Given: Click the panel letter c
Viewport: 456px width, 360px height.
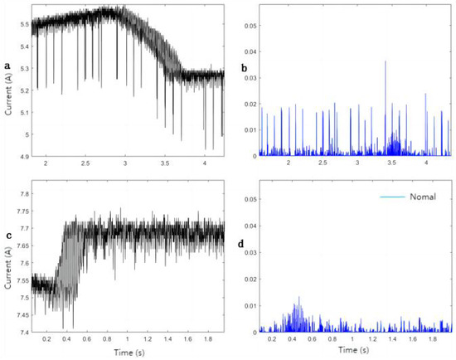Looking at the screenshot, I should [x=7, y=236].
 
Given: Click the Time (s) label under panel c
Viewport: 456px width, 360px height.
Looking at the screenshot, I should [x=126, y=352].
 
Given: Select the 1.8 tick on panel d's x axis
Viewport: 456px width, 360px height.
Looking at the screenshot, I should [x=432, y=339].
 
